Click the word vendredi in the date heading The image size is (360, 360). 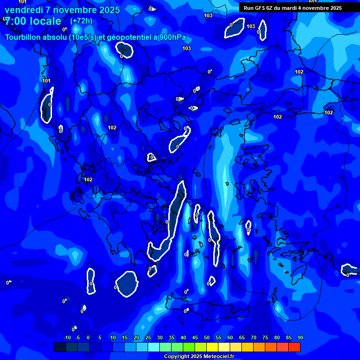tap(24, 10)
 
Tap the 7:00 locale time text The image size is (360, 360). tap(33, 21)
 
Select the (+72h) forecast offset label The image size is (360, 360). tap(81, 21)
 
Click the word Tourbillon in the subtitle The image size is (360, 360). tap(24, 37)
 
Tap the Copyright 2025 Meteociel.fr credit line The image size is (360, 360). tap(199, 357)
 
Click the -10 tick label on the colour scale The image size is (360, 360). tap(67, 337)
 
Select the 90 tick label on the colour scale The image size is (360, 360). tap(300, 337)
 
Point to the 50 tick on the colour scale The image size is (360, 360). tap(207, 337)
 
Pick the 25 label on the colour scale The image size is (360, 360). tap(148, 337)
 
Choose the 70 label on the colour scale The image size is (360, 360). tap(254, 337)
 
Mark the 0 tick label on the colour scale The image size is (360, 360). tap(88, 337)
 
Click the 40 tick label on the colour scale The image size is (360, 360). tap(183, 337)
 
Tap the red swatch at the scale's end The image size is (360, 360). tap(294, 347)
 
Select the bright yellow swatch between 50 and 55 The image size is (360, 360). tap(212, 347)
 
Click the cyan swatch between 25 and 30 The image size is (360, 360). tap(154, 347)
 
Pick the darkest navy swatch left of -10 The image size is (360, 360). tap(60, 347)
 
